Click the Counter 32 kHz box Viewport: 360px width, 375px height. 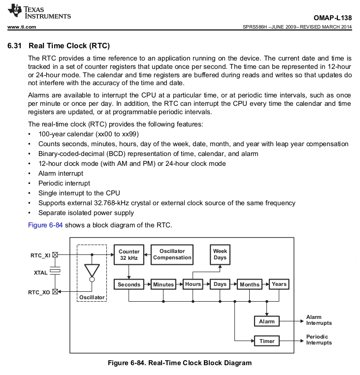pyautogui.click(x=129, y=254)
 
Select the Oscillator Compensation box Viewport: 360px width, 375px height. pyautogui.click(x=172, y=254)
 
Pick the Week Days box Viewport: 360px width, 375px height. pyautogui.click(x=220, y=254)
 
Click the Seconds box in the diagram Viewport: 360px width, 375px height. pyautogui.click(x=129, y=284)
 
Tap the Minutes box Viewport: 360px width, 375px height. pyautogui.click(x=163, y=284)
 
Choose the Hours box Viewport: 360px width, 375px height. pyautogui.click(x=193, y=284)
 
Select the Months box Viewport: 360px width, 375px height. pyautogui.click(x=250, y=284)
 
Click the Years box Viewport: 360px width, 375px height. pyautogui.click(x=279, y=284)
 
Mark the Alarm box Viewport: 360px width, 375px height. pyautogui.click(x=266, y=321)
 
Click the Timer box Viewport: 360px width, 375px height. pyautogui.click(x=266, y=341)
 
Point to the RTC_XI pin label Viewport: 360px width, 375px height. pyautogui.click(x=40, y=255)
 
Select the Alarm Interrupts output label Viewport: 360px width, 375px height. pyautogui.click(x=319, y=320)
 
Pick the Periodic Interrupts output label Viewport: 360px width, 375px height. pyautogui.click(x=319, y=340)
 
